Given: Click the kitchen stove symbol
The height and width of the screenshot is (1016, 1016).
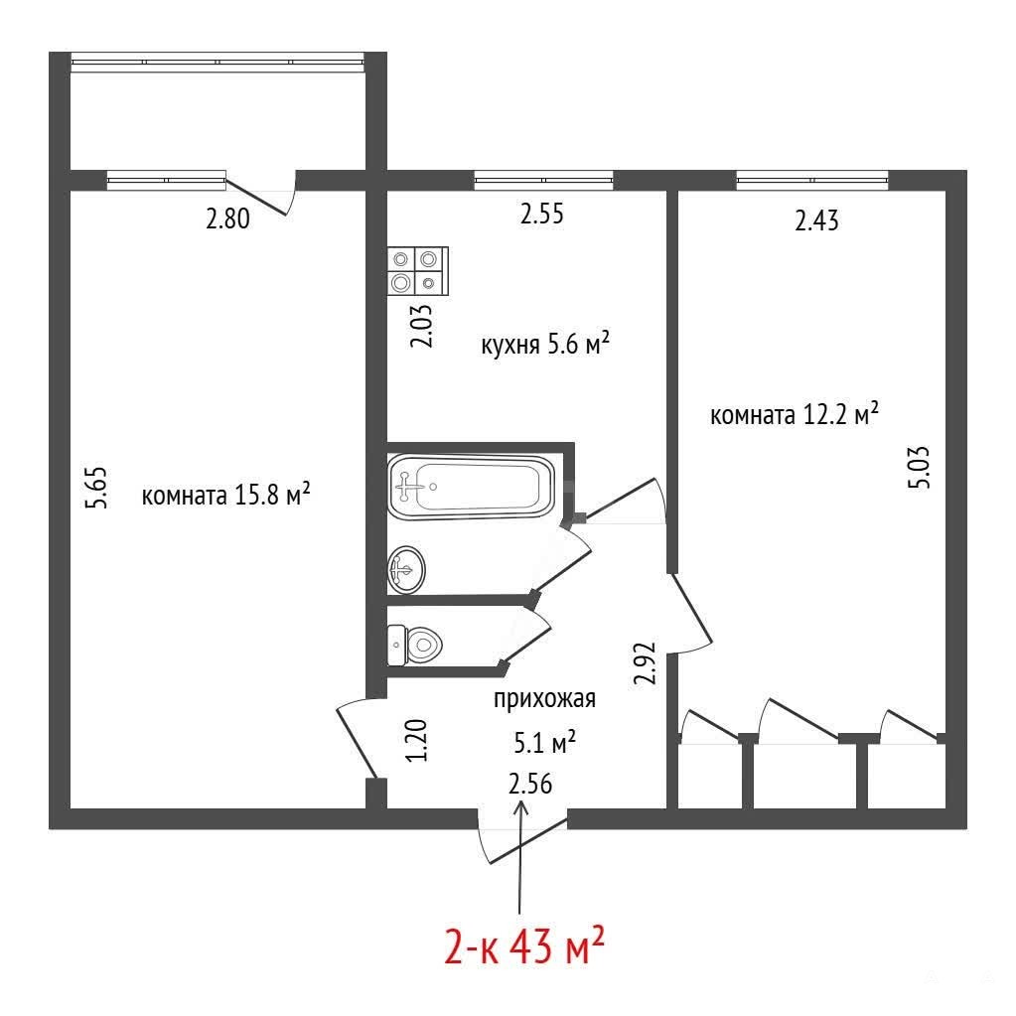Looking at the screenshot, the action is (x=418, y=271).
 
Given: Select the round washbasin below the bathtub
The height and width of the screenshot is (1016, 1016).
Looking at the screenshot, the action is (x=406, y=569).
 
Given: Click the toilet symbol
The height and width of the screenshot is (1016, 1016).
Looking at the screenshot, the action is (x=414, y=645).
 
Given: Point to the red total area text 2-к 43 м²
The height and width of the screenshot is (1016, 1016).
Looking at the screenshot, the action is (x=524, y=945).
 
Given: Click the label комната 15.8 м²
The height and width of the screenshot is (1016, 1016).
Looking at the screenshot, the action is (x=225, y=496).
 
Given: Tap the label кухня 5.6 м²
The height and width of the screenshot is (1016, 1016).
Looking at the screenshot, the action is (x=545, y=344).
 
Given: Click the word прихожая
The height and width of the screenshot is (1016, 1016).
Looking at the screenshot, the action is (x=544, y=700).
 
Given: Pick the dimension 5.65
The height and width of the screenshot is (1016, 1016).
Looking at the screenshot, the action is (x=97, y=488).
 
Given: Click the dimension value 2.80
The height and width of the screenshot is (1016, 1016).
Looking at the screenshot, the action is (x=227, y=218).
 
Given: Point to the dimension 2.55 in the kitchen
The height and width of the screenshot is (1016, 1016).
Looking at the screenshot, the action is (x=541, y=214).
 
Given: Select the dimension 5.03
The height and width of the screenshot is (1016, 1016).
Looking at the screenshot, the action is (x=919, y=467).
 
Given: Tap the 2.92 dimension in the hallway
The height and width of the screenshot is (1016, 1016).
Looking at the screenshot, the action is (x=646, y=662).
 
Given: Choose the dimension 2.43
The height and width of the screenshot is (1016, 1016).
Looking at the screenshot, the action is (x=816, y=220).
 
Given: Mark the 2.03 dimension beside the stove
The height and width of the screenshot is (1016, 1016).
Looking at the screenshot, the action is (x=422, y=327).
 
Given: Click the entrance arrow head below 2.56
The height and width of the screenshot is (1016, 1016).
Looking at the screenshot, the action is (x=520, y=808).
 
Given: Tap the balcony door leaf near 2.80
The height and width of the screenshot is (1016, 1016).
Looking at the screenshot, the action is (x=256, y=197).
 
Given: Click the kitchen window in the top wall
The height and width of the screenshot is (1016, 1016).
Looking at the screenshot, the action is (x=543, y=180).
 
